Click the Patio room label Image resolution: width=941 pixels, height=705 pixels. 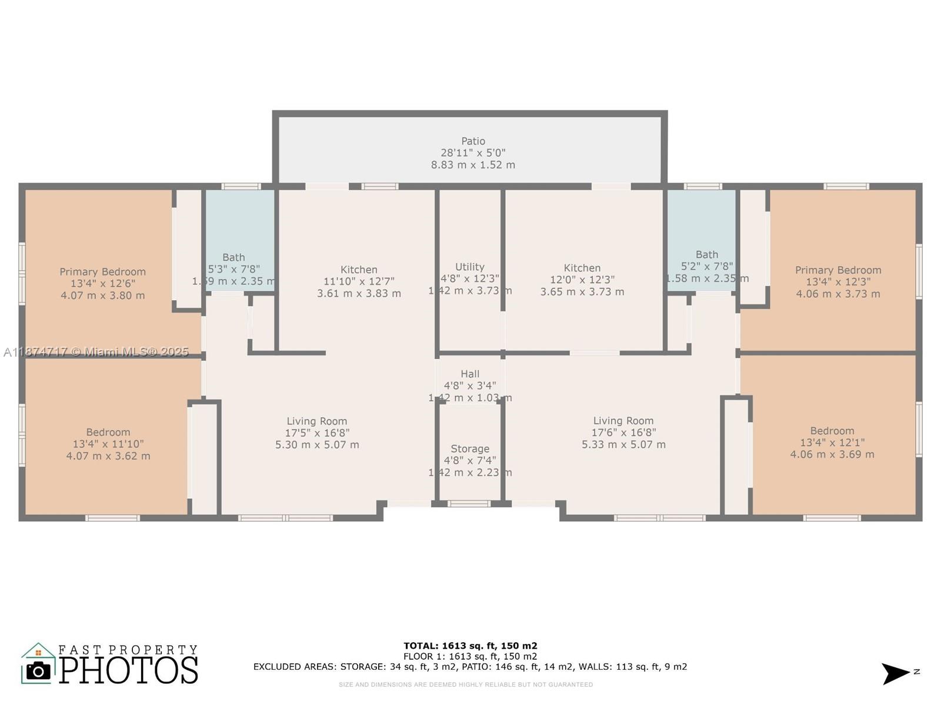[x=473, y=141]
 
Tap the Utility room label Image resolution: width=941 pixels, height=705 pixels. [x=469, y=267]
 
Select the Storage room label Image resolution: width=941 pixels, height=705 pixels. [x=469, y=449]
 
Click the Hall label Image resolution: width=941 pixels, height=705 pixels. [x=469, y=374]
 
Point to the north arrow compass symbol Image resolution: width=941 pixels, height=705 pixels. [x=897, y=673]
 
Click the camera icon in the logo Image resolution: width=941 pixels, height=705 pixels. [x=39, y=670]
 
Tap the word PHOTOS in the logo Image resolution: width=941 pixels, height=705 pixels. [x=128, y=670]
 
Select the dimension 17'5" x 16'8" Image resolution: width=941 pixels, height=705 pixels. [x=317, y=433]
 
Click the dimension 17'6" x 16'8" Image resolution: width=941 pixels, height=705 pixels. [x=623, y=432]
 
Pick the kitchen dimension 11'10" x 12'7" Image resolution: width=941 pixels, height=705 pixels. [x=359, y=281]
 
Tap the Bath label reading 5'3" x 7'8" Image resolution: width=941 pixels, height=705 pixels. [x=233, y=269]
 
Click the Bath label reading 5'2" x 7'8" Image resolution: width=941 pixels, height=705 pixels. [x=706, y=266]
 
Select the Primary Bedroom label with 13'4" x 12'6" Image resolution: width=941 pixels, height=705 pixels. [x=102, y=283]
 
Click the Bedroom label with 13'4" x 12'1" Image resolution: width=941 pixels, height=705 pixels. [x=832, y=442]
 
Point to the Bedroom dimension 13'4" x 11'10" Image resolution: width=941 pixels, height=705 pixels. [x=108, y=444]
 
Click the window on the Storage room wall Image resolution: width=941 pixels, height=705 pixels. [x=469, y=503]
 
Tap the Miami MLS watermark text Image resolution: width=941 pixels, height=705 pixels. [x=96, y=352]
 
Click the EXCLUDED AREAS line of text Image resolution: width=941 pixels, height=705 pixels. [x=470, y=667]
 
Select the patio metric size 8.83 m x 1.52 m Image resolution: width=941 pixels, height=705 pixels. [x=473, y=165]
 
